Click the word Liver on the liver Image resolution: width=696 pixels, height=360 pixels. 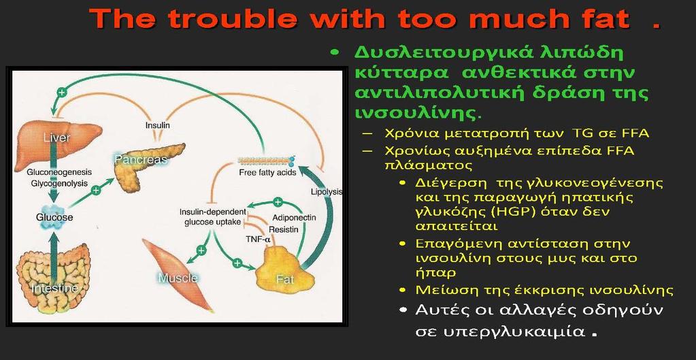tap(57, 138)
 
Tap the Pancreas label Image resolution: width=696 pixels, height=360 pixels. tap(141, 159)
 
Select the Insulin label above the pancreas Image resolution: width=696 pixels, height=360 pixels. tap(158, 126)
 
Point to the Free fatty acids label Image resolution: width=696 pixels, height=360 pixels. tap(267, 173)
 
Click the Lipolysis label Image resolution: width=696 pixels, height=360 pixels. tap(327, 192)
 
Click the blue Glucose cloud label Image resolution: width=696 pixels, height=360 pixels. tap(54, 218)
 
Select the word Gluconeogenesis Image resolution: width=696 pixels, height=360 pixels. tap(59, 171)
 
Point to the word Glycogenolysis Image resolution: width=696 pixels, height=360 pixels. tap(59, 182)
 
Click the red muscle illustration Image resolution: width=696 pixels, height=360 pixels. tap(178, 275)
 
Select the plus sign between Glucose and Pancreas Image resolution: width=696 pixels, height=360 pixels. tap(95, 191)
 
